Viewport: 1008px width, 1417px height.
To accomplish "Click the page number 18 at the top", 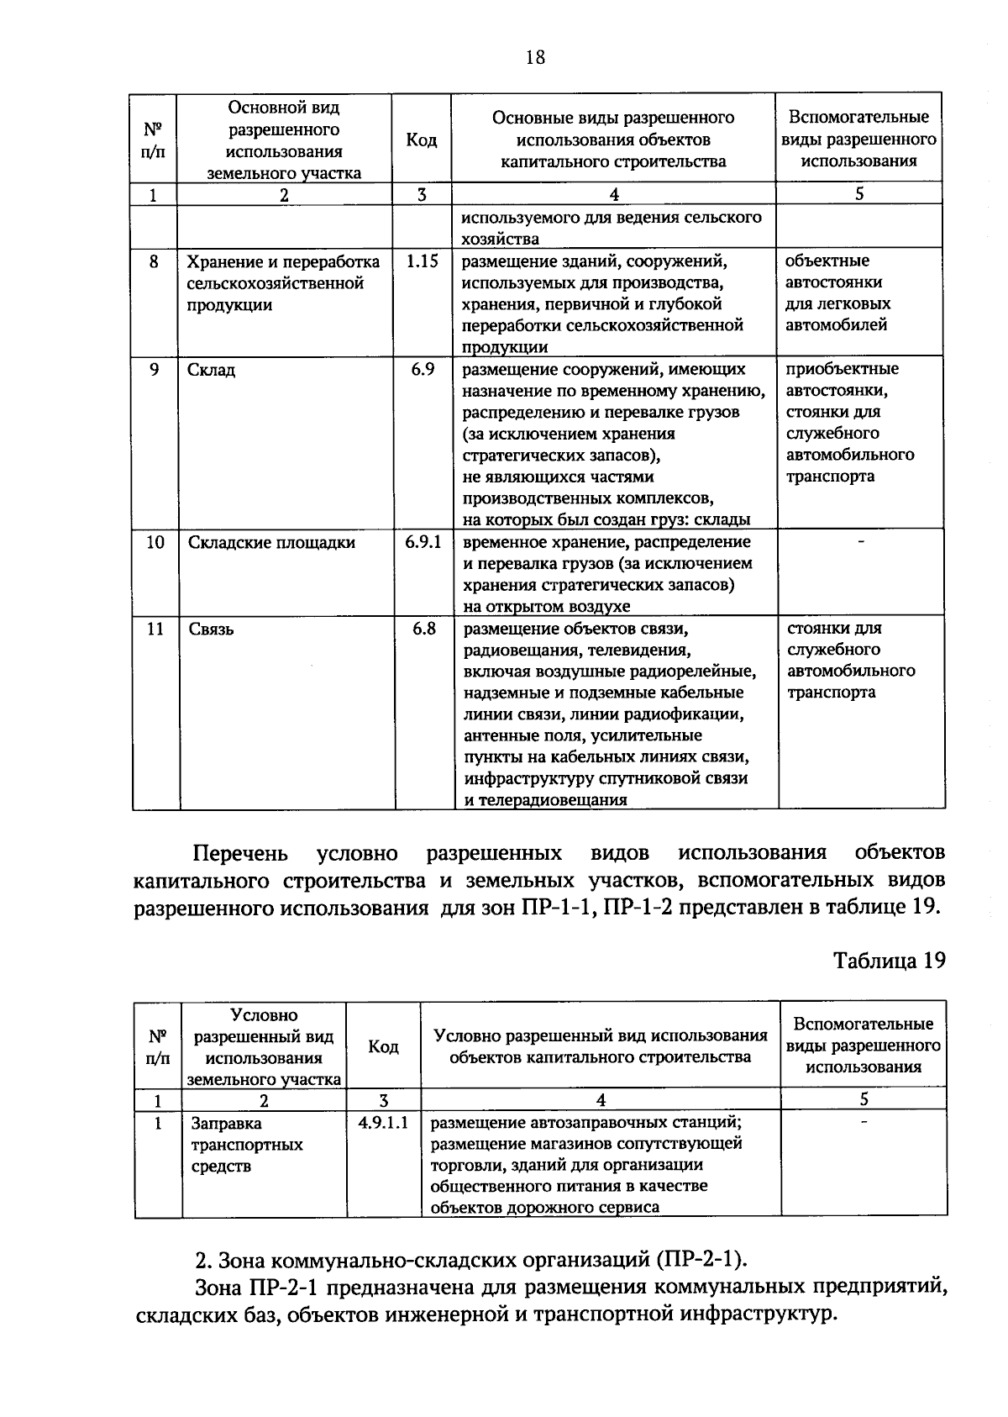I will pos(534,57).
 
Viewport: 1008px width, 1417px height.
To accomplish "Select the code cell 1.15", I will pos(422,261).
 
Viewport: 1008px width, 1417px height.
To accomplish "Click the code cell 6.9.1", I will pos(423,542).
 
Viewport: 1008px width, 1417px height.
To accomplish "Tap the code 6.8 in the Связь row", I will pos(423,629).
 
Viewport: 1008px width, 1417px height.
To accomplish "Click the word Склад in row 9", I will pos(211,371).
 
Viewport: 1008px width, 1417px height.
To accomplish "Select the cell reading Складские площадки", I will pos(271,543).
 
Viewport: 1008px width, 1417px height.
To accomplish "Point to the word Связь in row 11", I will pos(211,629).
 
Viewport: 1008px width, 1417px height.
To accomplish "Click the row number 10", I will pos(155,542).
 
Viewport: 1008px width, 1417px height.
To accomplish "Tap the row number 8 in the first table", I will pos(154,261).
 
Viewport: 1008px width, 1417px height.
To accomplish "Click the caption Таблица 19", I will pos(889,961).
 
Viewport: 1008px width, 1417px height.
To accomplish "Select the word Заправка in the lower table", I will pos(226,1124).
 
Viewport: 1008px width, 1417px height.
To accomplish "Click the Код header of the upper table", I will pos(422,140).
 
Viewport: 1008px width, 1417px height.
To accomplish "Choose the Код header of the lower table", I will pos(383,1046).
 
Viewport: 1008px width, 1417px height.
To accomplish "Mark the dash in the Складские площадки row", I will pos(859,542).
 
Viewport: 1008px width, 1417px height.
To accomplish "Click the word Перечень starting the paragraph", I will pos(240,854).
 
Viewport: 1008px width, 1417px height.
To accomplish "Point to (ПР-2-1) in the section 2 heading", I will pos(703,1261).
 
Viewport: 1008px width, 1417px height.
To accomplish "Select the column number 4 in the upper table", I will pos(614,195).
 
